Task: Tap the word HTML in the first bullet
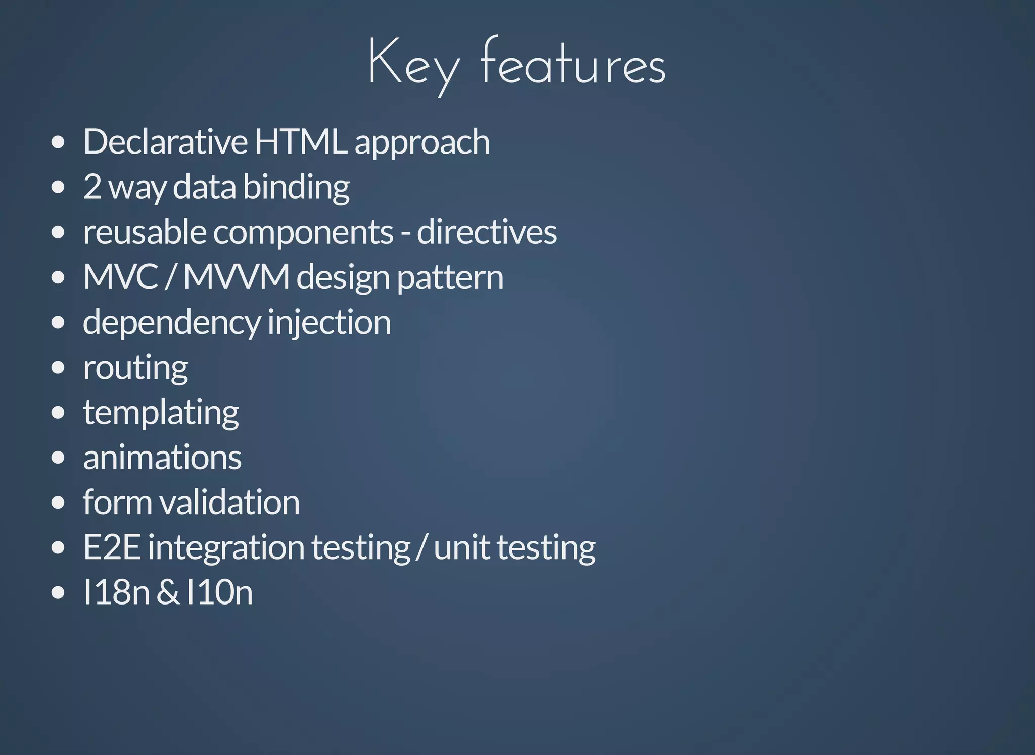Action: pyautogui.click(x=301, y=141)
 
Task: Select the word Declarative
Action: pyautogui.click(x=165, y=141)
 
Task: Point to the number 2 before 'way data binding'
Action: pyautogui.click(x=92, y=186)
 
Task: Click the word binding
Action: pyautogui.click(x=296, y=187)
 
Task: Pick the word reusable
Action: pyautogui.click(x=145, y=232)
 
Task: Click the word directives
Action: pyautogui.click(x=487, y=232)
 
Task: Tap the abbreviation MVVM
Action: pyautogui.click(x=237, y=277)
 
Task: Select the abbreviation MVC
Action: pyautogui.click(x=121, y=277)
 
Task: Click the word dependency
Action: pyautogui.click(x=171, y=322)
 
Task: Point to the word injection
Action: pyautogui.click(x=329, y=322)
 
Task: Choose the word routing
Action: pyautogui.click(x=135, y=368)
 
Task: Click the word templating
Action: pyautogui.click(x=161, y=413)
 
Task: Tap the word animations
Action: pyautogui.click(x=162, y=458)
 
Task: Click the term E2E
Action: pyautogui.click(x=112, y=547)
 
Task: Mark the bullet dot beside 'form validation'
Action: pyautogui.click(x=58, y=503)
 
